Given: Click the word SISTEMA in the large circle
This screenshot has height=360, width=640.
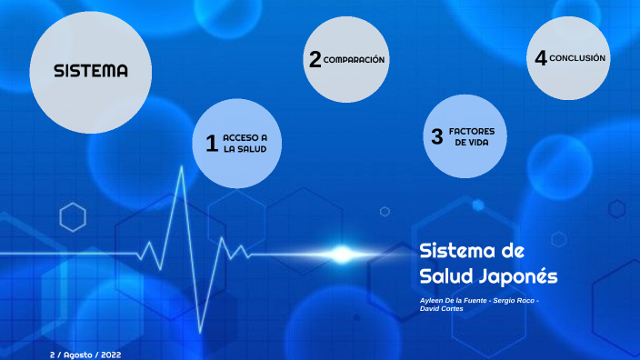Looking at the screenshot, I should (90, 71).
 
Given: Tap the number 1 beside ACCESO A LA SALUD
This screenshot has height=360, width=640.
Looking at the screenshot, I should (211, 144).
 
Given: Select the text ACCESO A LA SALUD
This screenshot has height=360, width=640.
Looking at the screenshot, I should (245, 143).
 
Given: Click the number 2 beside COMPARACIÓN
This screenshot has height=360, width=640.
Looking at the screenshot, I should (315, 60).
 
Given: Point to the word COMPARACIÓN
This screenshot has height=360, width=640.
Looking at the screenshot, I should (355, 60).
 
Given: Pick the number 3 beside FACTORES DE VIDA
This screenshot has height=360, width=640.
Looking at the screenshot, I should (436, 137).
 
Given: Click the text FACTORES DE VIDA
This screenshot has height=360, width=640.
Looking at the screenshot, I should (472, 137).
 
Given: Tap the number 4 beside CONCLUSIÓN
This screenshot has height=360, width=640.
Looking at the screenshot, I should (540, 58).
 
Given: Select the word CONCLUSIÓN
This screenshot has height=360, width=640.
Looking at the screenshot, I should (577, 58).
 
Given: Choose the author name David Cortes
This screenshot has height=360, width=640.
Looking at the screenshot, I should (442, 308).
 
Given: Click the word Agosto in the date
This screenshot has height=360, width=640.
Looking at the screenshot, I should (80, 354).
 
